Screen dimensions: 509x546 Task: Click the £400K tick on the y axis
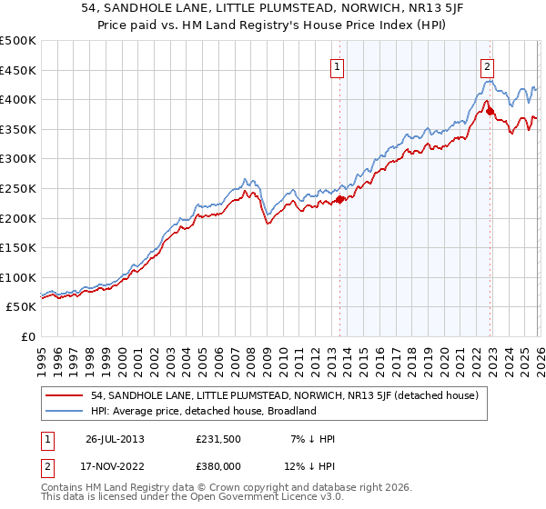[18, 99]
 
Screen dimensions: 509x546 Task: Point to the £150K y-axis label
[18, 247]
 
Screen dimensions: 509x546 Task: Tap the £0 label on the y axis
[28, 336]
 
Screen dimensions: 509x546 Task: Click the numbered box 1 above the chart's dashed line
[338, 66]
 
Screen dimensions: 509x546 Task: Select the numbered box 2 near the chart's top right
[488, 66]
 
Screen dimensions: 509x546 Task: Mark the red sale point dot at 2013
[339, 199]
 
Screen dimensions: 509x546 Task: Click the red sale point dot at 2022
[490, 111]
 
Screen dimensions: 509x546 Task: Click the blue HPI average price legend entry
[203, 411]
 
